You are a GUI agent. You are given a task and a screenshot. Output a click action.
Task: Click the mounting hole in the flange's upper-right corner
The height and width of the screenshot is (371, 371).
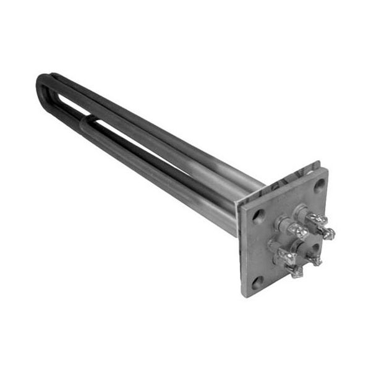pos(318,184)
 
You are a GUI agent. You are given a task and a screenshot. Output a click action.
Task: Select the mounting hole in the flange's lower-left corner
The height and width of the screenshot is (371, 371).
pos(257,282)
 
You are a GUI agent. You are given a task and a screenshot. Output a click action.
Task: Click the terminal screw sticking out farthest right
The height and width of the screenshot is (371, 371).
pos(329,234)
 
